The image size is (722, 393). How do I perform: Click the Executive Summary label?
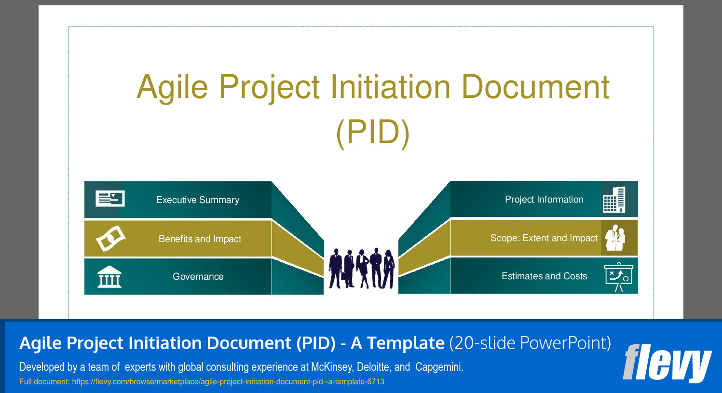(x=198, y=200)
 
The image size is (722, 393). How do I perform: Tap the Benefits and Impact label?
(x=200, y=239)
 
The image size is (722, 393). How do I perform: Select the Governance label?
(x=198, y=276)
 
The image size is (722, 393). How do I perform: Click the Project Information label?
(x=544, y=200)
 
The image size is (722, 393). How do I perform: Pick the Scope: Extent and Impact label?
(x=544, y=238)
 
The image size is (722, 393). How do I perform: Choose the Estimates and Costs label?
(x=545, y=276)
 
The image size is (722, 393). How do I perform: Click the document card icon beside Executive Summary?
(x=110, y=199)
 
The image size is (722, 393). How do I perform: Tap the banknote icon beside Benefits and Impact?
(x=111, y=238)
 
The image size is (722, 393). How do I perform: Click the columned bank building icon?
(x=109, y=277)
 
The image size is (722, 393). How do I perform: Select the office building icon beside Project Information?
(x=614, y=200)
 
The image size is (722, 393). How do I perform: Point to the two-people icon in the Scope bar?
(x=615, y=238)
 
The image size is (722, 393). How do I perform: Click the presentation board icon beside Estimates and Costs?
(x=619, y=277)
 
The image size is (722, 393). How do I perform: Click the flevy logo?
(x=667, y=364)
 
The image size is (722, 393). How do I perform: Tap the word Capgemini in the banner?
(x=439, y=367)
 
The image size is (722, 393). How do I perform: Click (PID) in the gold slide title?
(x=373, y=133)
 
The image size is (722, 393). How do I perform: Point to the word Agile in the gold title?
(x=173, y=87)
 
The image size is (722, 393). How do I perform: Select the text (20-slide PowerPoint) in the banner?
(x=530, y=343)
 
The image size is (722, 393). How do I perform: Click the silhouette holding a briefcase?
(x=348, y=268)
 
